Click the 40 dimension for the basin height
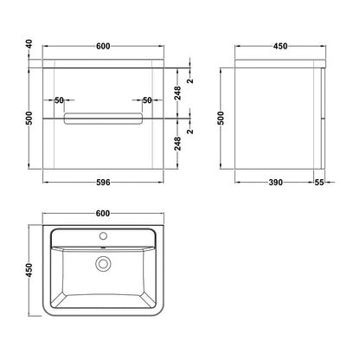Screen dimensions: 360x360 (x=29, y=44)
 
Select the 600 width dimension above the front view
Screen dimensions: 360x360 (x=103, y=46)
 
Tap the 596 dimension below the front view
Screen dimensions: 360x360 (x=103, y=183)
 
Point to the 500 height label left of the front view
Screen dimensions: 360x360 (x=29, y=118)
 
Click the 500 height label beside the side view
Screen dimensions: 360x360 (x=221, y=118)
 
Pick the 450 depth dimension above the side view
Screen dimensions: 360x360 (x=280, y=46)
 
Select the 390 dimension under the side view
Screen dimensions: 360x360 (x=275, y=183)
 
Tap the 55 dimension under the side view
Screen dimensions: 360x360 (x=319, y=183)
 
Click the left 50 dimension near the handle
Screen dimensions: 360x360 (x=59, y=100)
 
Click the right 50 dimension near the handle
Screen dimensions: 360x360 (x=147, y=100)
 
